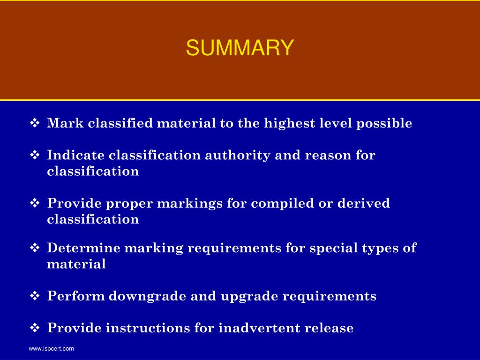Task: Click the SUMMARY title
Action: pyautogui.click(x=240, y=48)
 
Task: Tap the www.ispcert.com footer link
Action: pyautogui.click(x=51, y=349)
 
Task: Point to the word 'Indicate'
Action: pyautogui.click(x=76, y=155)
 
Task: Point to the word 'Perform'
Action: pyautogui.click(x=76, y=296)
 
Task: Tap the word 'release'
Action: pyautogui.click(x=329, y=328)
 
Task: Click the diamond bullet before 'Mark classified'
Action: pyautogui.click(x=35, y=123)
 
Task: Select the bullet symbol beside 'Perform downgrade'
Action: pyautogui.click(x=35, y=296)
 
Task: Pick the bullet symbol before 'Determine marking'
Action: pyautogui.click(x=35, y=248)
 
